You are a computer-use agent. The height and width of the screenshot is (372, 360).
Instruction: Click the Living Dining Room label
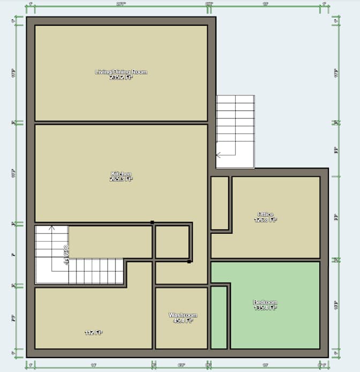[x=121, y=72]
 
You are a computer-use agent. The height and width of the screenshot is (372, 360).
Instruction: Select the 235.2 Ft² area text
[x=121, y=77]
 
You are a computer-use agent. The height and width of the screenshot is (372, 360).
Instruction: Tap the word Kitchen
[x=121, y=174]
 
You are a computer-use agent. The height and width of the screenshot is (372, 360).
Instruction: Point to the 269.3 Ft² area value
[x=121, y=179]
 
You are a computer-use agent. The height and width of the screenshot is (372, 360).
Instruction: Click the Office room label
[x=266, y=214]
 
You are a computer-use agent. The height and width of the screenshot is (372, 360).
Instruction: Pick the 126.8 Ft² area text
[x=266, y=219]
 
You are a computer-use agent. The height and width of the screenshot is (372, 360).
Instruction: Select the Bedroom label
[x=265, y=302]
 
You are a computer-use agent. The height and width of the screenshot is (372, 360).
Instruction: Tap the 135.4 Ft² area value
[x=265, y=308]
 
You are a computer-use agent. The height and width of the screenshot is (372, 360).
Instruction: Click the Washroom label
[x=183, y=315]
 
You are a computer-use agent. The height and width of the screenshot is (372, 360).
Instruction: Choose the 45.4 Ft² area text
[x=183, y=321]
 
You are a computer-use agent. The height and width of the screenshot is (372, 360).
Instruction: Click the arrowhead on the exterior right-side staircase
[x=218, y=155]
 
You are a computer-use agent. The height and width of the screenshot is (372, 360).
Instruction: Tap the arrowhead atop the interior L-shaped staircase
[x=51, y=228]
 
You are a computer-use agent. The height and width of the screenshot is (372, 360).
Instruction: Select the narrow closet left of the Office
[x=220, y=203]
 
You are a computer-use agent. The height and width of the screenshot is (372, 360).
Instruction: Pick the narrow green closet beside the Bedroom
[x=219, y=317]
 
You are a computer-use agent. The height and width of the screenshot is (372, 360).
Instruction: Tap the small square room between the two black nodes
[x=172, y=242]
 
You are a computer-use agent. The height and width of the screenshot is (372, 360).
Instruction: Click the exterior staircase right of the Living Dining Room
[x=235, y=131]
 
